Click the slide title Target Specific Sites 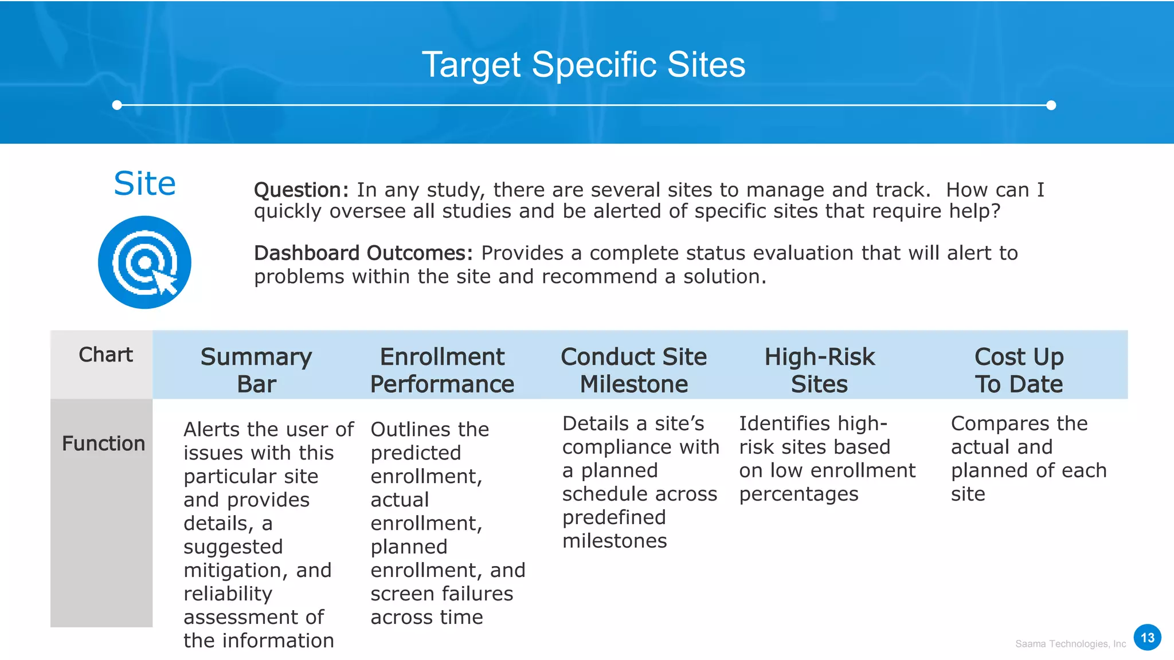click(x=584, y=64)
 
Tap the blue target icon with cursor click(x=144, y=262)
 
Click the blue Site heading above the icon click(x=144, y=184)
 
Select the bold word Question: click(x=301, y=190)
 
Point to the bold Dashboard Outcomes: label click(x=363, y=253)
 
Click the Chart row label click(x=105, y=355)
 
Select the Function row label click(x=103, y=443)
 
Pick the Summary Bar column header click(x=256, y=370)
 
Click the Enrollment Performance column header click(x=442, y=370)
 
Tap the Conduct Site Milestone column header click(x=633, y=370)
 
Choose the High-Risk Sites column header click(x=819, y=370)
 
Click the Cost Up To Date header click(x=1019, y=370)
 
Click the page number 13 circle click(x=1147, y=638)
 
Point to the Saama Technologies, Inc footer click(x=1070, y=644)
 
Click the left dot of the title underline click(x=117, y=105)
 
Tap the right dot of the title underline click(x=1051, y=105)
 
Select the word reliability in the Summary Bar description click(x=228, y=594)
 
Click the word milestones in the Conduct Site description click(x=615, y=541)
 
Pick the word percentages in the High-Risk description click(x=799, y=494)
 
